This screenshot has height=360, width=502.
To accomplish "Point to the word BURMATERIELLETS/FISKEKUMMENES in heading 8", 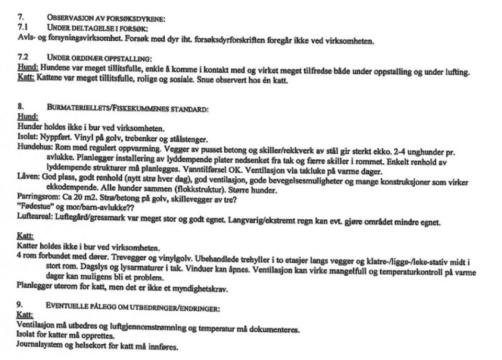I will (x=128, y=109).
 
